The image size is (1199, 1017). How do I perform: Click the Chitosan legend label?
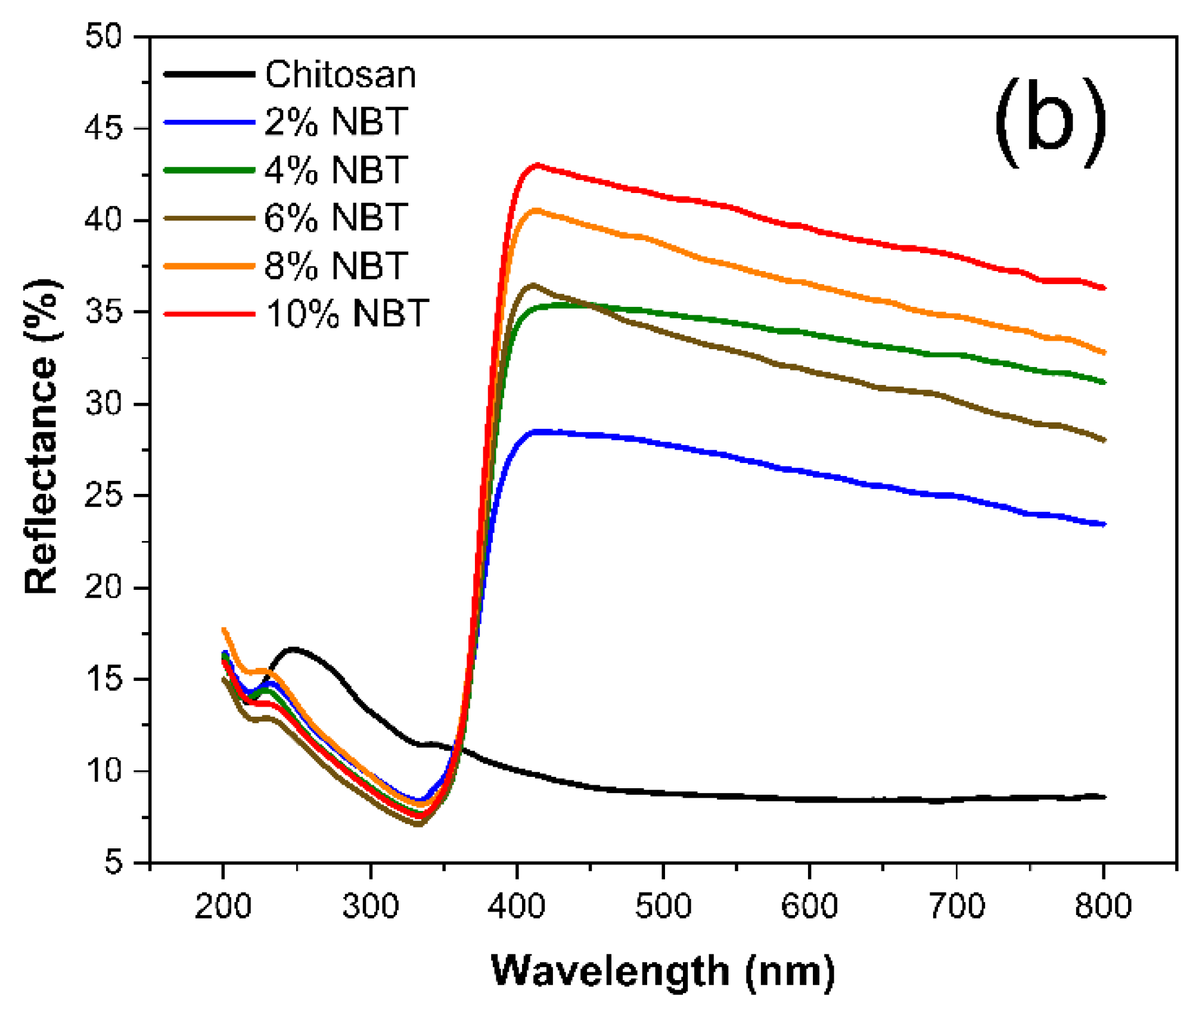click(x=340, y=75)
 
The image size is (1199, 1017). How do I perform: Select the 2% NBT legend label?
click(x=336, y=122)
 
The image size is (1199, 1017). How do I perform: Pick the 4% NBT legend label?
click(x=336, y=170)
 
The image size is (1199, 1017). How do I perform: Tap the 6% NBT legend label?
click(x=336, y=217)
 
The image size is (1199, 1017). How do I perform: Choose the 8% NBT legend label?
click(x=336, y=266)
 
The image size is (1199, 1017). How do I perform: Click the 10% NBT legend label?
click(x=346, y=313)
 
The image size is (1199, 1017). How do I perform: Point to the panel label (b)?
click(x=1050, y=122)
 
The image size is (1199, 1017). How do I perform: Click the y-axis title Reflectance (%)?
click(x=42, y=436)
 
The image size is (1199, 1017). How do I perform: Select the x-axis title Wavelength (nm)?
click(x=663, y=971)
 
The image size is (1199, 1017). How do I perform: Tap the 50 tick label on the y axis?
click(x=103, y=37)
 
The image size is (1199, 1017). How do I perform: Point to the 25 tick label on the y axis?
click(x=103, y=496)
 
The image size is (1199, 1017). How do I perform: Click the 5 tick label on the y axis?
click(x=113, y=862)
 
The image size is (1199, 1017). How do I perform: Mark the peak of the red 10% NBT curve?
click(x=538, y=165)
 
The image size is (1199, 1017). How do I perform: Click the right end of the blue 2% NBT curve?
click(x=1104, y=524)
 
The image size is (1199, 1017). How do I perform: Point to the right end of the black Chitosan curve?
click(x=1104, y=797)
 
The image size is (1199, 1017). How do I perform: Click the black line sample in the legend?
click(x=209, y=74)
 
